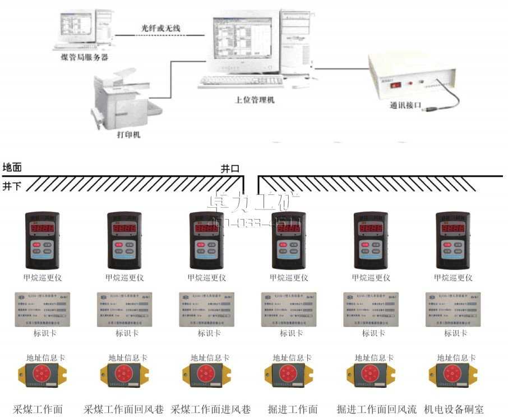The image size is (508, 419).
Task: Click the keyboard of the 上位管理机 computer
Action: (242, 81)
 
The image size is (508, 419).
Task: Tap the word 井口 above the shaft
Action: (230, 168)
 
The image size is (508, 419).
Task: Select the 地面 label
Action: (12, 167)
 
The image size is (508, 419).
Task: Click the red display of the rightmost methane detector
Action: (453, 229)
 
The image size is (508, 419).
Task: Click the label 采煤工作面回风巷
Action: (124, 409)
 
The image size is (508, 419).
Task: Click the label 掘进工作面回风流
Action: (376, 409)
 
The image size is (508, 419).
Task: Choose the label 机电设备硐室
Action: (454, 409)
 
